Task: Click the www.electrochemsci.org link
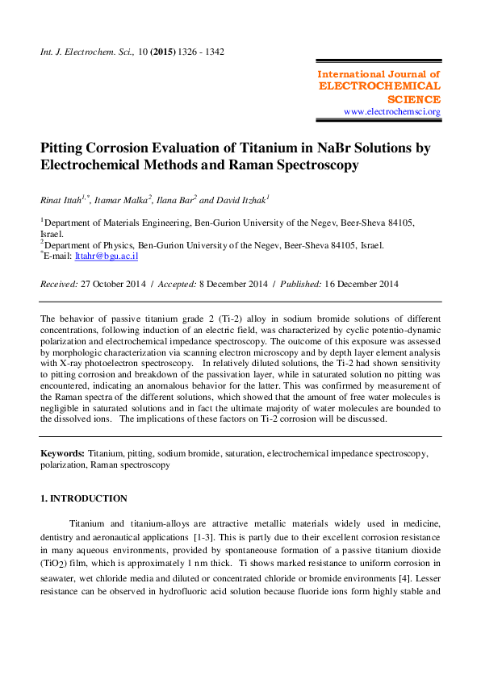tap(391, 111)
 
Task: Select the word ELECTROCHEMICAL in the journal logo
tap(379, 86)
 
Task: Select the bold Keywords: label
tap(63, 454)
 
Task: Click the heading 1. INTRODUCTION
tap(84, 499)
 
